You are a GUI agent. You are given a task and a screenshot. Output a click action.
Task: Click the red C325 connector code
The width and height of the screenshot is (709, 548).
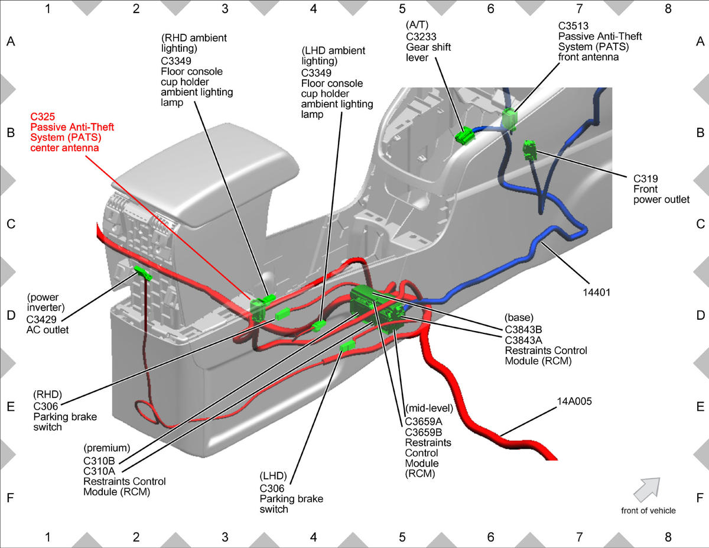pyautogui.click(x=43, y=116)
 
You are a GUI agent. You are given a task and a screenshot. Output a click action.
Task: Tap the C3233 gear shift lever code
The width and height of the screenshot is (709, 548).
pyautogui.click(x=421, y=37)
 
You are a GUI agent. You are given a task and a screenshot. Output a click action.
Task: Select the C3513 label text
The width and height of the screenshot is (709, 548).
pyautogui.click(x=573, y=26)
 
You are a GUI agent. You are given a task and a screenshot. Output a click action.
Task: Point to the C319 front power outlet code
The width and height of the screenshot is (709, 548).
pyautogui.click(x=645, y=179)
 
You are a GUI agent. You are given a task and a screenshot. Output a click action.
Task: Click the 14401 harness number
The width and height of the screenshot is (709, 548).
pyautogui.click(x=596, y=292)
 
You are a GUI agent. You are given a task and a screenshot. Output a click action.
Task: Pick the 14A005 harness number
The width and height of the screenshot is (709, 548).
pyautogui.click(x=574, y=401)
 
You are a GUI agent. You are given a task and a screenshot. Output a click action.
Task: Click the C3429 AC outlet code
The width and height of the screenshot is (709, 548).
pyautogui.click(x=41, y=319)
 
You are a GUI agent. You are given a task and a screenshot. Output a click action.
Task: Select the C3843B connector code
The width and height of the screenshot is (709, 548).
pyautogui.click(x=523, y=330)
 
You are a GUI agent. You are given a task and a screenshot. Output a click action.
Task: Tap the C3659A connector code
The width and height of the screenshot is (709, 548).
pyautogui.click(x=424, y=421)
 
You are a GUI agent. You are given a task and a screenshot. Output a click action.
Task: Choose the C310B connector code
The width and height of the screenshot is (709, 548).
pyautogui.click(x=99, y=461)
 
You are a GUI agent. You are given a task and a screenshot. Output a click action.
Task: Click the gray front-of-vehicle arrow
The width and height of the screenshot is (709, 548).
pyautogui.click(x=648, y=490)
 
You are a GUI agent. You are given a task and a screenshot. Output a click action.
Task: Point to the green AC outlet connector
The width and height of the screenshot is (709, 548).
pyautogui.click(x=143, y=273)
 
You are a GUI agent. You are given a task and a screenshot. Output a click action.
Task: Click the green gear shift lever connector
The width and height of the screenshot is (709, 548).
pyautogui.click(x=464, y=137)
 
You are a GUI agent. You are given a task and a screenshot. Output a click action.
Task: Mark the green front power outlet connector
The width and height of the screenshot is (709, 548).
pyautogui.click(x=529, y=150)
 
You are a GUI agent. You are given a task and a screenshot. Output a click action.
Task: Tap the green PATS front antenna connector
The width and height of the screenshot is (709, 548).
pyautogui.click(x=509, y=119)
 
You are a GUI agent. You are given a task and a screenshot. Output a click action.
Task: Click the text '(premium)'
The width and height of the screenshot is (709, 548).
pyautogui.click(x=107, y=448)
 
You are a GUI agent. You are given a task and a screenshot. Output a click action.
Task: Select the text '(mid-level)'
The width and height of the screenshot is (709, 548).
pyautogui.click(x=429, y=408)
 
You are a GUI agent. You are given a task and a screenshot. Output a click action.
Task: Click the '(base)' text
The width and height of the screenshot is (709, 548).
pyautogui.click(x=519, y=317)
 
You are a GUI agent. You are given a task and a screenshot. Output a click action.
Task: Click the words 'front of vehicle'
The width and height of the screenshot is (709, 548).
pyautogui.click(x=648, y=511)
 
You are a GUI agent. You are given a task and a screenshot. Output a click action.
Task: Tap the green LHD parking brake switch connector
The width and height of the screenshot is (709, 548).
pyautogui.click(x=347, y=346)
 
